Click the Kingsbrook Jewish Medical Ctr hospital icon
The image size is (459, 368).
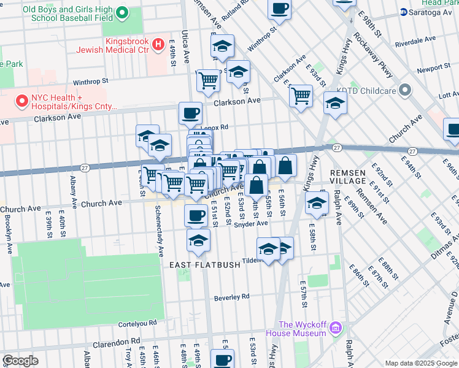158,44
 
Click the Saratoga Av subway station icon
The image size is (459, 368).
403,12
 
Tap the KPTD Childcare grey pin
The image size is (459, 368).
404,91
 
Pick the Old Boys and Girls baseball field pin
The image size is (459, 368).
122,12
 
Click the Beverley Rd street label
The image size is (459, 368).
232,297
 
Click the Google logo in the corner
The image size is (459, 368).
20,361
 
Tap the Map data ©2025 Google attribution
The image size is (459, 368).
420,363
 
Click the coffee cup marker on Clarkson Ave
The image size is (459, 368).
190,112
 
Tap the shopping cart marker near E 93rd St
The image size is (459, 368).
301,95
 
